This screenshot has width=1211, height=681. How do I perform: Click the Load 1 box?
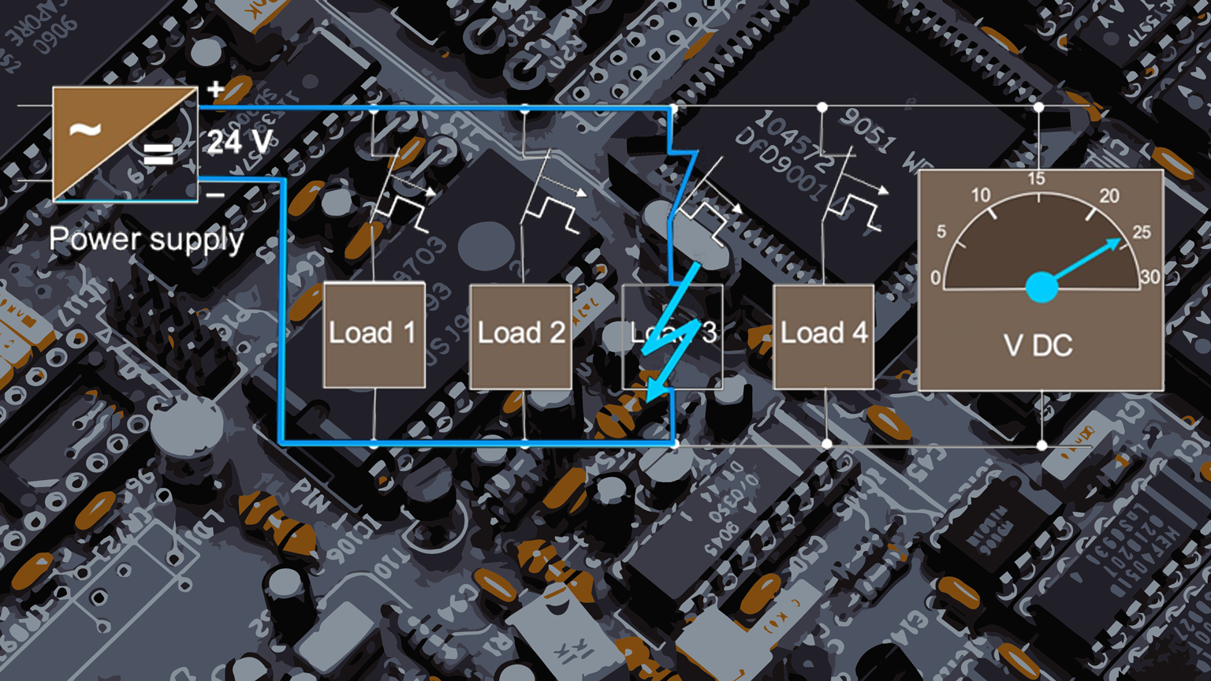point(374,335)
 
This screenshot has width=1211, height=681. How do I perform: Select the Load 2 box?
point(520,335)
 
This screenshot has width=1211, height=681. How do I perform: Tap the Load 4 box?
point(823,335)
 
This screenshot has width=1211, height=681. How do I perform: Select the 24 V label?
point(240,143)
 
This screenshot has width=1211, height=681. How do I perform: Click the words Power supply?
point(147,239)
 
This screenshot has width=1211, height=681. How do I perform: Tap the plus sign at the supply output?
point(215,90)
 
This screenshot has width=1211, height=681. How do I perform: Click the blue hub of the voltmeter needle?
point(1041,287)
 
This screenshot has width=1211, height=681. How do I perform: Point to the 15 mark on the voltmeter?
point(1037,179)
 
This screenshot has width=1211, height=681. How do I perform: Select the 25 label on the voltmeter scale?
point(1141,233)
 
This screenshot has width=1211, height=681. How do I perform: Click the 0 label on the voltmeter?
point(935,278)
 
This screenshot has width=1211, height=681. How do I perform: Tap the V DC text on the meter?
point(1038,345)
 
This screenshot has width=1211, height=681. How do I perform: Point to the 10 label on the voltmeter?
point(980,195)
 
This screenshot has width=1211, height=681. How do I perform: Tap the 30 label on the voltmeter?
point(1150,277)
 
